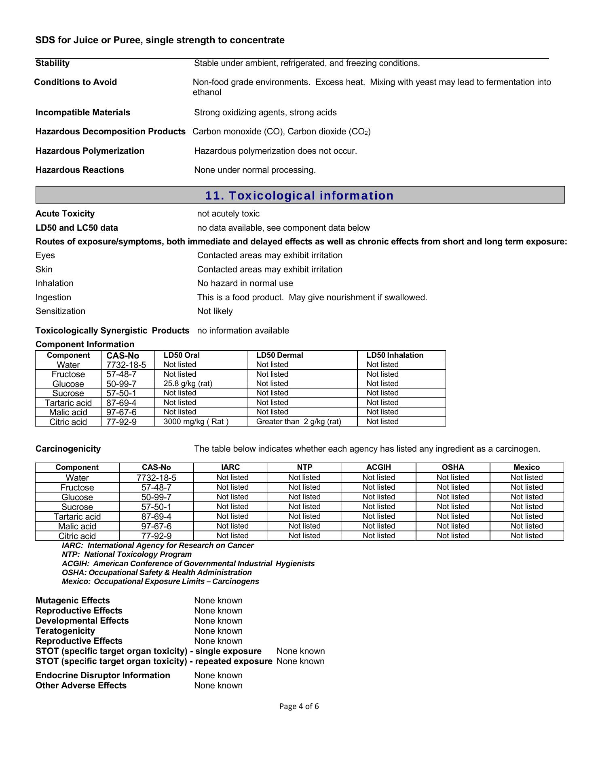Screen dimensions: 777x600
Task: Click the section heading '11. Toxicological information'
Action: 299,195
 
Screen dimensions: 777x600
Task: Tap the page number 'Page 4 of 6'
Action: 299,707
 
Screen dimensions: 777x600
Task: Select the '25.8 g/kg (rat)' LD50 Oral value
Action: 188,384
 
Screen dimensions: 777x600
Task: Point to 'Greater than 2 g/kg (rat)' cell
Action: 298,422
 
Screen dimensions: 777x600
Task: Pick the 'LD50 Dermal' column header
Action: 279,355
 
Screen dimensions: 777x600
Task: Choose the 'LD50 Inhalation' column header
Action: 395,355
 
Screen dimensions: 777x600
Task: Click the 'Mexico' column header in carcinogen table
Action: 526,467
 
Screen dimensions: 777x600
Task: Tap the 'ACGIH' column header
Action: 378,467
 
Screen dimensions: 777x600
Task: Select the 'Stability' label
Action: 53,63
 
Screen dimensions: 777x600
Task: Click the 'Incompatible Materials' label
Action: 83,113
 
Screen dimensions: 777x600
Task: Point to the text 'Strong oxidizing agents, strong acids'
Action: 265,113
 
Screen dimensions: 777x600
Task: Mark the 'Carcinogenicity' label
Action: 68,449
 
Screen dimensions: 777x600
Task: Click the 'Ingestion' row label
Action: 53,297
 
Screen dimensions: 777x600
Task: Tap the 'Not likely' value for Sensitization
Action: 215,311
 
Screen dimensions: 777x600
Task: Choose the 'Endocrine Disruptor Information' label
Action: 103,675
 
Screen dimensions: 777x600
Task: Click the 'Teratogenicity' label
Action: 65,631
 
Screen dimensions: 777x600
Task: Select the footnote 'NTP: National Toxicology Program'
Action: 127,554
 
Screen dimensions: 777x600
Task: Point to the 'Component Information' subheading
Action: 85,344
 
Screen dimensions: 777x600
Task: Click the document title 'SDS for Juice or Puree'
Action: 160,40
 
